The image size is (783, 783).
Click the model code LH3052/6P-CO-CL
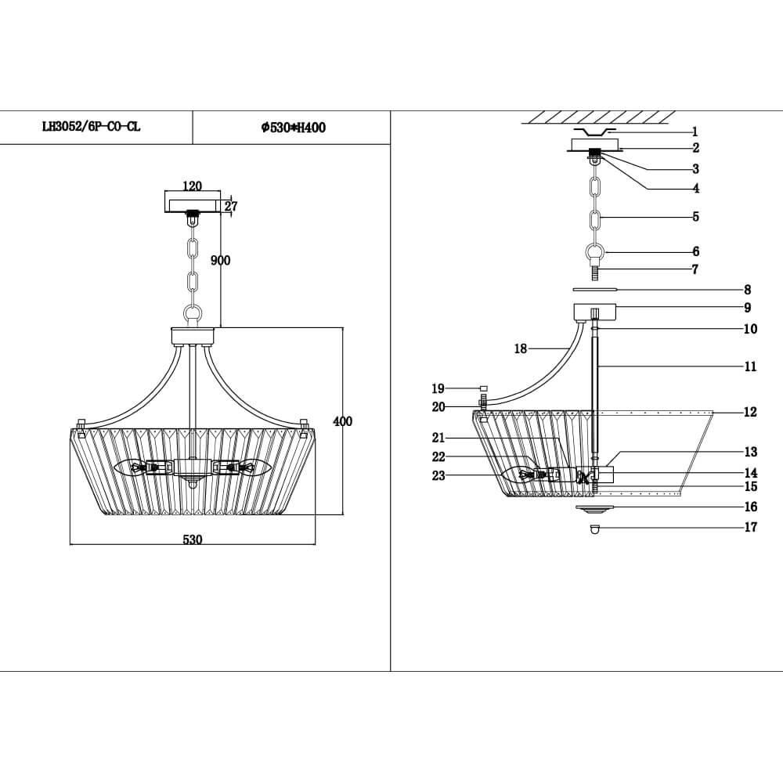[x=91, y=127]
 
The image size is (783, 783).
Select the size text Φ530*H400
[x=294, y=128]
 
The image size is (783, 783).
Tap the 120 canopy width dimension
[x=192, y=186]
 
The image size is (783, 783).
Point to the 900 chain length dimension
[x=221, y=261]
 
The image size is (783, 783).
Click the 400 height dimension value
[x=343, y=422]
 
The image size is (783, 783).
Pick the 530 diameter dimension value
[x=193, y=539]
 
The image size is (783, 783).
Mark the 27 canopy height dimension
[x=231, y=207]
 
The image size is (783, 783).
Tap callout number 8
[x=748, y=290]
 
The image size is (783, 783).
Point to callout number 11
[x=750, y=366]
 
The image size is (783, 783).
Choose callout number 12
[x=750, y=412]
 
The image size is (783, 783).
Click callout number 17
[x=750, y=528]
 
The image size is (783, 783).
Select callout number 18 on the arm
[x=521, y=349]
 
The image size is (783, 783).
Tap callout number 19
[x=438, y=388]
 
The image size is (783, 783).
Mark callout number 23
[x=438, y=475]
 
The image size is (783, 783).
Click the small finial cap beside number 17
[x=596, y=529]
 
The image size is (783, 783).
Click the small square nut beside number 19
[x=484, y=388]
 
